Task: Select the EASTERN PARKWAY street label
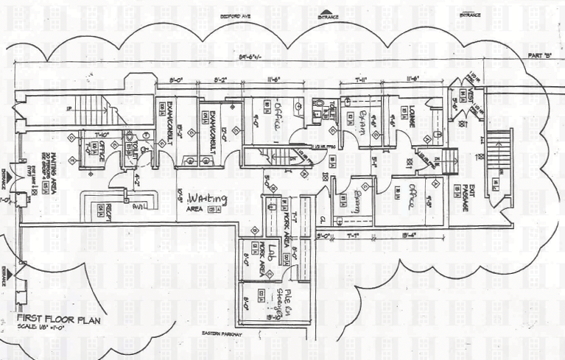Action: [222, 336]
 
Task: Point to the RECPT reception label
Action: [108, 210]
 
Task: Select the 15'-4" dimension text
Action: [410, 236]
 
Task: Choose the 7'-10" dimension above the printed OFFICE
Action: [101, 134]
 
